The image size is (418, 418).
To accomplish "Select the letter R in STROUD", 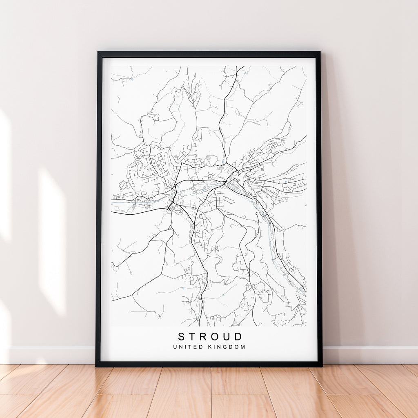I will point(205,337).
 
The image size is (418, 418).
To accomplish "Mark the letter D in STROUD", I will point(239,337).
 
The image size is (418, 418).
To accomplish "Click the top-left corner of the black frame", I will point(98,52).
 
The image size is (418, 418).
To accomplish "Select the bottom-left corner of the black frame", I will point(96,366).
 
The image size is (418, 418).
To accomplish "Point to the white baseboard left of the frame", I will point(49,355).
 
